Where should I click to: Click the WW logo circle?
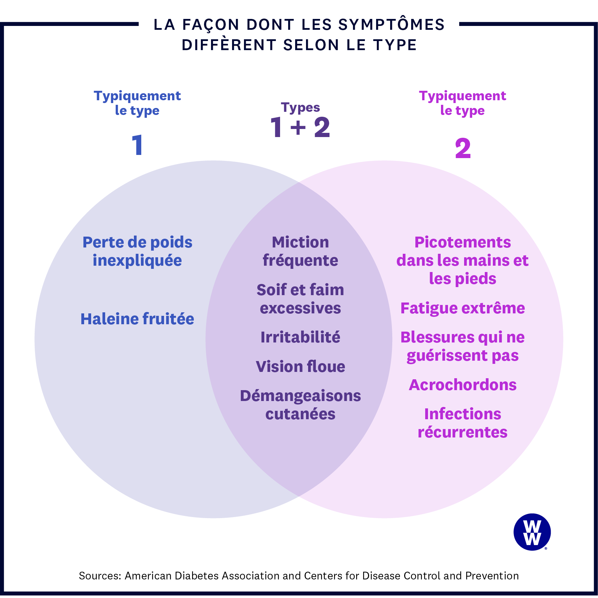[532, 532]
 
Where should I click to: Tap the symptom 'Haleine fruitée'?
[137, 319]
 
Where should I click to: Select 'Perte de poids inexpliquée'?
[137, 251]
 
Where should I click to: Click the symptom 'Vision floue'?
[300, 367]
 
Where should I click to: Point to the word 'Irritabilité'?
[300, 337]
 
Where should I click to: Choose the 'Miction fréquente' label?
[300, 251]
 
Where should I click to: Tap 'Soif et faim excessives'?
[300, 299]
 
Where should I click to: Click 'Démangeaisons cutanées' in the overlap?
[300, 405]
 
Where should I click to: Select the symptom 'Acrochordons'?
[463, 385]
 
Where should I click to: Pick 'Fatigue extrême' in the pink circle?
[463, 308]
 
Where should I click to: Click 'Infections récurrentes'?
[463, 423]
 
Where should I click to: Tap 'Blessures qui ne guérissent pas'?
[463, 346]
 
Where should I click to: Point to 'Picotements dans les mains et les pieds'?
[463, 260]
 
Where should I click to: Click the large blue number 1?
[137, 145]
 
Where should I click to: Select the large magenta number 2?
[463, 148]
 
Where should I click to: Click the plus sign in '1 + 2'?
[298, 127]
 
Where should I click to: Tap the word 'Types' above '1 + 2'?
[300, 107]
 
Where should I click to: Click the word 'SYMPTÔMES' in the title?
[391, 25]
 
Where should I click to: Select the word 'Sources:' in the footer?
[100, 576]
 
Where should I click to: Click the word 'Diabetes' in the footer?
[197, 576]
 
